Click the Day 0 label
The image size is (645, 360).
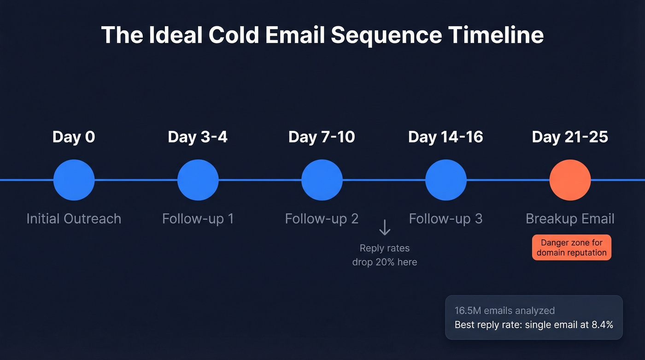click(74, 137)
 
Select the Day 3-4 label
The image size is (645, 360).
click(198, 137)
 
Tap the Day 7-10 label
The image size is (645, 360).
click(322, 137)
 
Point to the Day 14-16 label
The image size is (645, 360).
click(446, 137)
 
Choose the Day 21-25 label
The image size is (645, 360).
click(570, 137)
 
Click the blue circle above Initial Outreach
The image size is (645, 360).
click(74, 180)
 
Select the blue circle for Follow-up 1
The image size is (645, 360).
click(198, 180)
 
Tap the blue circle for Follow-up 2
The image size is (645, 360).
click(322, 180)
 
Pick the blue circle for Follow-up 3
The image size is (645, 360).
click(446, 180)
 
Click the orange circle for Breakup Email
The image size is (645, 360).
click(570, 180)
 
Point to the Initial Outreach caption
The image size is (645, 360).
click(74, 218)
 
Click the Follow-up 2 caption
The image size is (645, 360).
click(322, 218)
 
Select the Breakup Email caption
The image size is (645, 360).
click(570, 218)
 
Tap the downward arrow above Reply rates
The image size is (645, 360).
click(384, 228)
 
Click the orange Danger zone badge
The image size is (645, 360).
click(571, 248)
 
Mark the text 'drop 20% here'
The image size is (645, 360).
click(385, 262)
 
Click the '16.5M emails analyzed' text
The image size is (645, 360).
click(504, 311)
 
